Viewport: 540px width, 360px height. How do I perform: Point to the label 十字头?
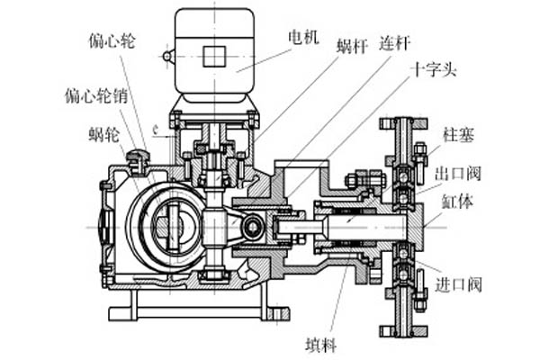pyautogui.click(x=433, y=71)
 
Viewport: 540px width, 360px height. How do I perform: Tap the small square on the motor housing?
pyautogui.click(x=215, y=56)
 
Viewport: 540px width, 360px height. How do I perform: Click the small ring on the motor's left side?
pyautogui.click(x=167, y=56)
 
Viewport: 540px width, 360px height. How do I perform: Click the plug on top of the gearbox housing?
pyautogui.click(x=138, y=158)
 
